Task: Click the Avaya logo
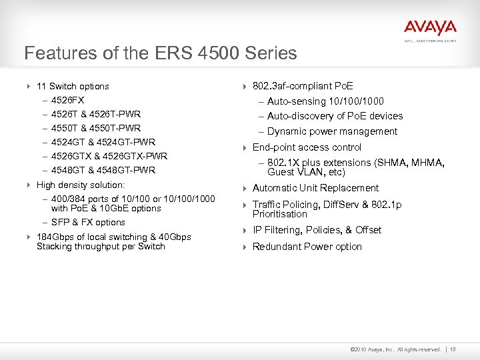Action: coord(430,28)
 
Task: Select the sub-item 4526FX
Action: coord(67,100)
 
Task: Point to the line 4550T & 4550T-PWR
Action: coord(96,128)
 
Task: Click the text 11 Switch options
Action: coord(73,86)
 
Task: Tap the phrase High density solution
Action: coord(81,185)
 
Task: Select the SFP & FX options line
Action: coord(88,222)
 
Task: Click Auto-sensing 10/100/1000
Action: coord(325,101)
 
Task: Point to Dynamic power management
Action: coord(332,131)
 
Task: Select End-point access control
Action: coord(307,147)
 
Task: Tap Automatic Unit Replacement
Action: coord(315,188)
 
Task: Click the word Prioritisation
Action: coord(279,214)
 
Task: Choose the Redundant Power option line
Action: coord(307,247)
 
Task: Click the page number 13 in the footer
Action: coord(453,349)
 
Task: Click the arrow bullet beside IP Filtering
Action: coord(244,231)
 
